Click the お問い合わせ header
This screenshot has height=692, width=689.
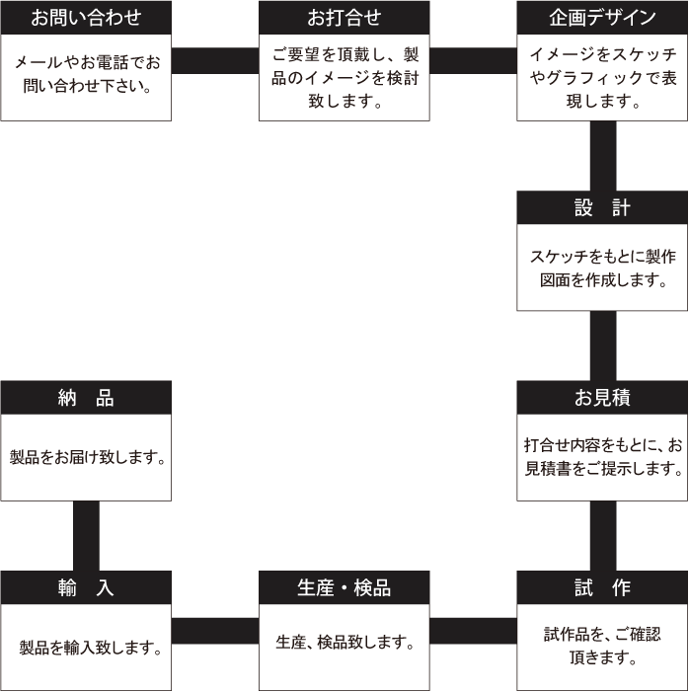(86, 18)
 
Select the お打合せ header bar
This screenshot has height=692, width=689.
(344, 18)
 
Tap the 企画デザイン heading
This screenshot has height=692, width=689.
(602, 18)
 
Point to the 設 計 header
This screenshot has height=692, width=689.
(602, 208)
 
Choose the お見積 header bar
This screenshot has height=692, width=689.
(602, 398)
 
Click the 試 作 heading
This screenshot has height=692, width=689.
(602, 587)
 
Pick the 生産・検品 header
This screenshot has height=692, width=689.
(344, 587)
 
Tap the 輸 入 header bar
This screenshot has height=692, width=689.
(86, 587)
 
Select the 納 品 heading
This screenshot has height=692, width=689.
(86, 398)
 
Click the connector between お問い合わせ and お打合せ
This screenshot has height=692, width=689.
(215, 61)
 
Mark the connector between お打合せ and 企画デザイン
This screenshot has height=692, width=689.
(473, 61)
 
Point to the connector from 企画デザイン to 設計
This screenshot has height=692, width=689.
(602, 155)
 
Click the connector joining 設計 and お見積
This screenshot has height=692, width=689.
(602, 346)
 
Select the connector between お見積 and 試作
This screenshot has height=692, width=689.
(602, 535)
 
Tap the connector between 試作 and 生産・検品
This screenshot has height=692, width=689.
(473, 631)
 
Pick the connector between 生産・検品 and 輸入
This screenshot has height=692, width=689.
(215, 631)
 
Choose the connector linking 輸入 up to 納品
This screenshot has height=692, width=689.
(86, 535)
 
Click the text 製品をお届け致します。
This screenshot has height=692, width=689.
(87, 458)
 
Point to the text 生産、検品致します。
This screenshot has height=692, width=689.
(344, 643)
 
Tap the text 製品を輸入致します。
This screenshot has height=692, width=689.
(90, 648)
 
